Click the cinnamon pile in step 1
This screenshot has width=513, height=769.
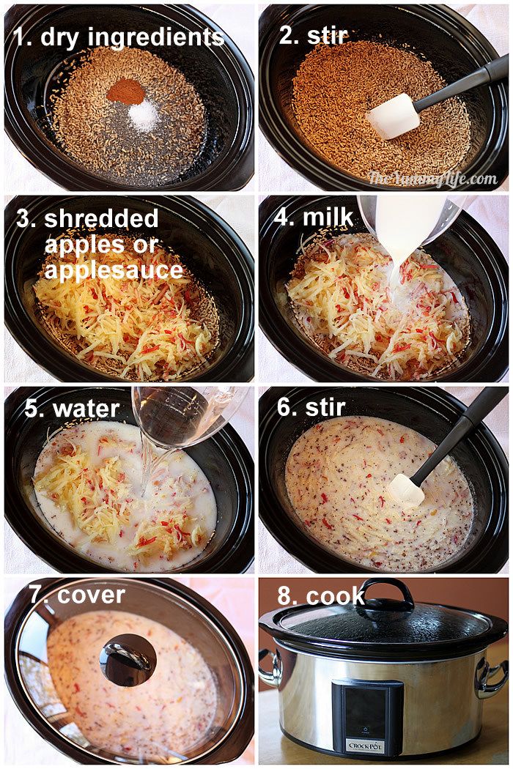coord(126,92)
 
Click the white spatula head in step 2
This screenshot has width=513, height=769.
coord(394,116)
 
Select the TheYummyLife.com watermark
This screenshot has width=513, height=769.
coord(433,179)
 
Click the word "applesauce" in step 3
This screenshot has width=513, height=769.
coord(114,270)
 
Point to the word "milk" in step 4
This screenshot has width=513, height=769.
coord(328,218)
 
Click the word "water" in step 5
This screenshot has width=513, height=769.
coord(86,409)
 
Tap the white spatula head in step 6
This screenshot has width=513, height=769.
coord(406,490)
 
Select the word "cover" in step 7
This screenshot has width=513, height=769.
coord(91,595)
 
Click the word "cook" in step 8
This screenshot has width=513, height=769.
coord(336,596)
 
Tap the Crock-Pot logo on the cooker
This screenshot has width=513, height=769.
coord(366,746)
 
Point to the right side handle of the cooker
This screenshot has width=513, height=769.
coord(490,677)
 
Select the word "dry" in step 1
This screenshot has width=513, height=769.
coord(59,38)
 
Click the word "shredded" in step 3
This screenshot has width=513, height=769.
coord(101,219)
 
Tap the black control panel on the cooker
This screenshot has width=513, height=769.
coord(366,718)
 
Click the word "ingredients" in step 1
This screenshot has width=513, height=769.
coord(155,38)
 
